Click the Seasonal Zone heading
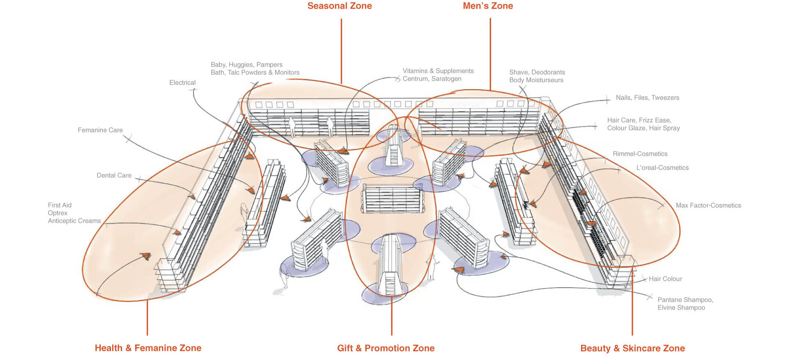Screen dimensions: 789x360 (339, 6)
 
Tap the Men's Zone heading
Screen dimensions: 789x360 (488, 6)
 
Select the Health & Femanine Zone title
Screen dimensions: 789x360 (148, 348)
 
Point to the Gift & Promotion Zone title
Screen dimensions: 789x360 (386, 348)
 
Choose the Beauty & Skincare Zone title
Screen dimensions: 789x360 (632, 348)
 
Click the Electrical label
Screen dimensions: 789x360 (182, 83)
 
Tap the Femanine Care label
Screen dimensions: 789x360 (100, 130)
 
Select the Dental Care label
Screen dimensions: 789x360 (114, 175)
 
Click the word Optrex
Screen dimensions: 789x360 (58, 213)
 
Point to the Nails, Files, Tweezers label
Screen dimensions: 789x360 (648, 97)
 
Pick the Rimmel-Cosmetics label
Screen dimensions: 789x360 (640, 154)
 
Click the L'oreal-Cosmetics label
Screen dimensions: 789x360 (662, 168)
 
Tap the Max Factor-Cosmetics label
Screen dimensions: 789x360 (708, 205)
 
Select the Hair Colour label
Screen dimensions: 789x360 (665, 279)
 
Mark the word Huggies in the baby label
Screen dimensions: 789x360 (241, 65)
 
